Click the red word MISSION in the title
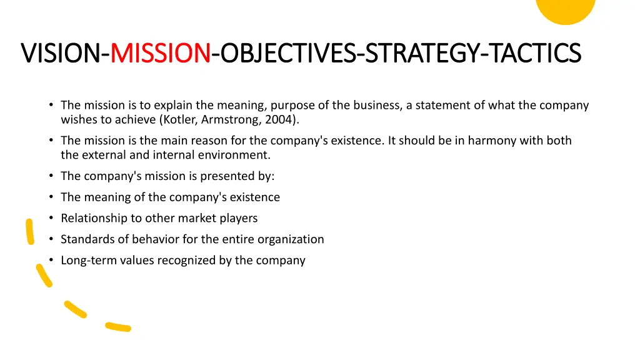160,53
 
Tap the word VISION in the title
61,53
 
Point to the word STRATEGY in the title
422,53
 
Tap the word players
236,218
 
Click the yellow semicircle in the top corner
566,9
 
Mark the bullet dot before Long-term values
51,260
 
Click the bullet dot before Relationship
51,218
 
